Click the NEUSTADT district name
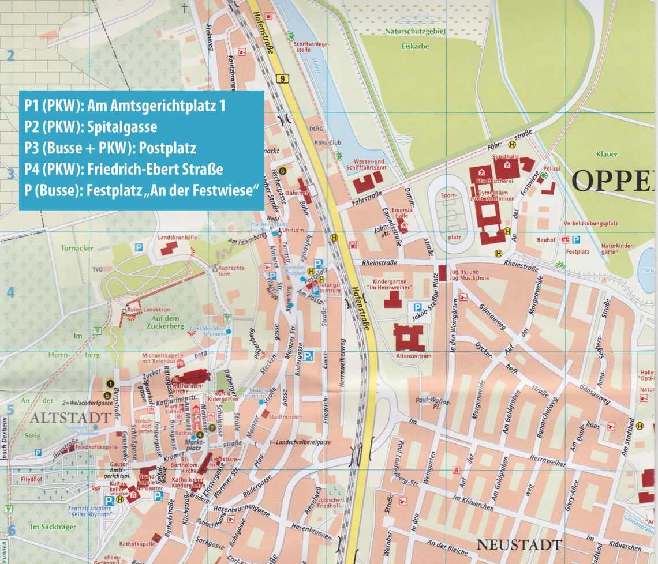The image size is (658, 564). point(519,544)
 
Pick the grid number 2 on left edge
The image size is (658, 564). point(10,56)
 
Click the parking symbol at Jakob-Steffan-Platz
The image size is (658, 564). point(415,307)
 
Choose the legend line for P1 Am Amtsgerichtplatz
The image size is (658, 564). point(125,106)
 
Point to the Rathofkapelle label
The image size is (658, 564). point(137,543)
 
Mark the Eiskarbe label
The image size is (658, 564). point(415,47)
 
